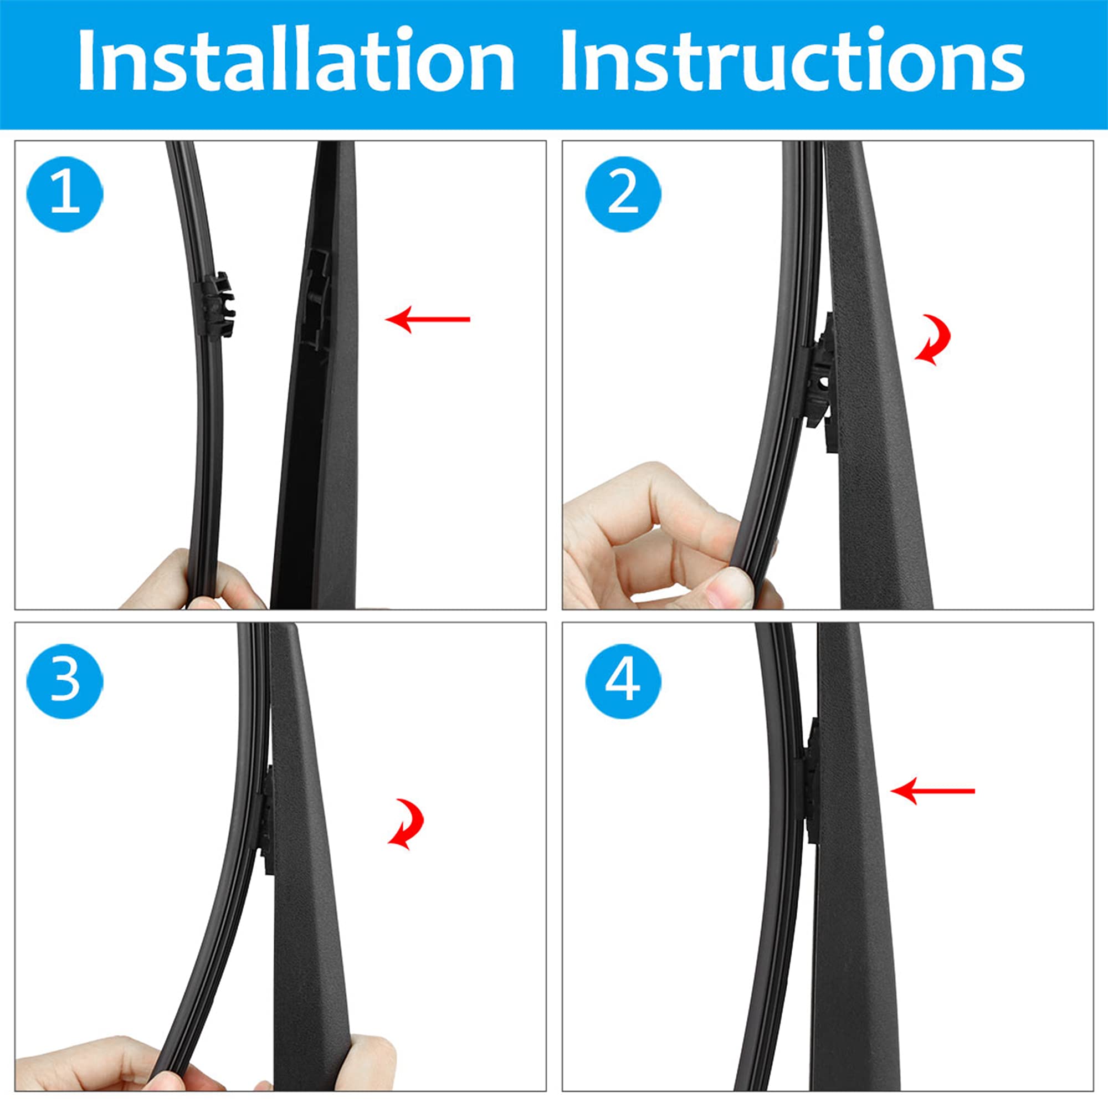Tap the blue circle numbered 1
[x=65, y=194]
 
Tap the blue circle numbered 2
[x=623, y=194]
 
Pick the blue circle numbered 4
[x=623, y=681]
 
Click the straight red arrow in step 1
[x=427, y=320]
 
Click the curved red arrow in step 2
[x=933, y=340]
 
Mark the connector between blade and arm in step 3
[x=267, y=820]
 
